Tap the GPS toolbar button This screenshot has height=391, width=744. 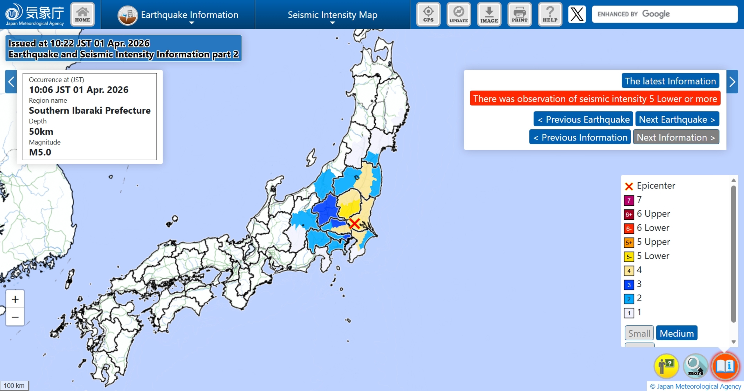coord(428,14)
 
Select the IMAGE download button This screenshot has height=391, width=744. coord(489,14)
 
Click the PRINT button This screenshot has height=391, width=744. coord(519,14)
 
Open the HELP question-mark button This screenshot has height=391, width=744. coord(550,14)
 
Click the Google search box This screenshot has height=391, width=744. coord(664,14)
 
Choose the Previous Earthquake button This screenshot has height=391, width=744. coord(583,119)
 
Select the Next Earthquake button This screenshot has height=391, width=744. coord(677,119)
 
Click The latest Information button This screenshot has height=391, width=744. coord(670,81)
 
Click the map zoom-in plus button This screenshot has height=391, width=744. coord(15,299)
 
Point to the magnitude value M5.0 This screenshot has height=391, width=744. coord(40,152)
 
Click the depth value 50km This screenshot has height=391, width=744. coord(41,132)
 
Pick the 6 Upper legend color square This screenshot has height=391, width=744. coord(629,214)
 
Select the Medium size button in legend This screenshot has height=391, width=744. coord(676,333)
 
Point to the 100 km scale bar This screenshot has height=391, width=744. coord(14,386)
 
